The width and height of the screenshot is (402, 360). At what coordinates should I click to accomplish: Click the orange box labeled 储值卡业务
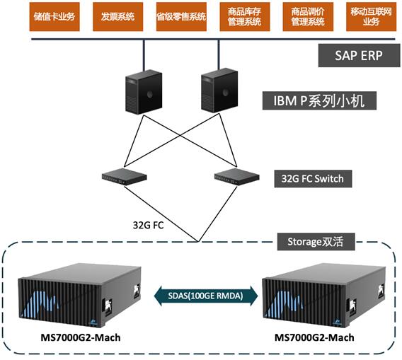point(54,17)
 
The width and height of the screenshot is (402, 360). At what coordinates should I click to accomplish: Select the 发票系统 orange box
point(117,17)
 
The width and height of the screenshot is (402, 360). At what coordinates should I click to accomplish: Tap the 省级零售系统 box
point(181,17)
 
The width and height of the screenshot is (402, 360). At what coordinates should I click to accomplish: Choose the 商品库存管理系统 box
point(245,17)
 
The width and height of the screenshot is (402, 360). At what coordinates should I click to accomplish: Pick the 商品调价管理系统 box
point(308,17)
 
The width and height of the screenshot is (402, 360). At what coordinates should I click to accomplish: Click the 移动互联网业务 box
point(372,17)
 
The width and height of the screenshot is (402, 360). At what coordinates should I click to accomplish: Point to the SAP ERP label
point(360,56)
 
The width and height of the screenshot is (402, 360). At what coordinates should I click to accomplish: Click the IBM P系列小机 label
point(319,100)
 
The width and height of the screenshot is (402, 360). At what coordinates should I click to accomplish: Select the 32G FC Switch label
point(313,179)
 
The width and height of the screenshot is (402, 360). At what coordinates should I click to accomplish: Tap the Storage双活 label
point(316,242)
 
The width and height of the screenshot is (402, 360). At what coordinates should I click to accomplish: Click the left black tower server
point(144,92)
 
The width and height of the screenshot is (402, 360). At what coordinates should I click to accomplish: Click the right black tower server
point(219,91)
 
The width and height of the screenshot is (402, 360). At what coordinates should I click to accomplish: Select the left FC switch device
point(125,177)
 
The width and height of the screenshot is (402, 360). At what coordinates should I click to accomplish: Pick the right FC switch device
point(236,177)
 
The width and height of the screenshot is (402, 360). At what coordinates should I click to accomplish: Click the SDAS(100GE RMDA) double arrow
point(206,296)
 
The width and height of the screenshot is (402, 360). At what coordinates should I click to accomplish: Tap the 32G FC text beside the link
point(148,225)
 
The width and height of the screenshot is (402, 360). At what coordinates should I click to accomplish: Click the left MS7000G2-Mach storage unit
point(79,295)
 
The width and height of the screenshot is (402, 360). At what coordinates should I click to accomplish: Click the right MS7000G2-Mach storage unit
point(324,295)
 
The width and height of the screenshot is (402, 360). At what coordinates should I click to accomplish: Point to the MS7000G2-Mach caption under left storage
point(81,337)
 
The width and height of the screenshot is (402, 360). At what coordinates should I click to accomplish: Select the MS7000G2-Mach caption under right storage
point(314,337)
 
